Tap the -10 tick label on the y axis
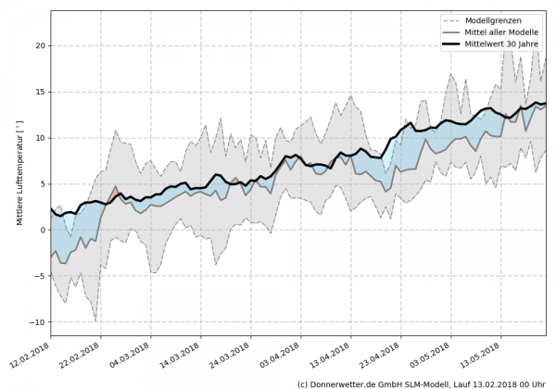coord(38,322)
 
